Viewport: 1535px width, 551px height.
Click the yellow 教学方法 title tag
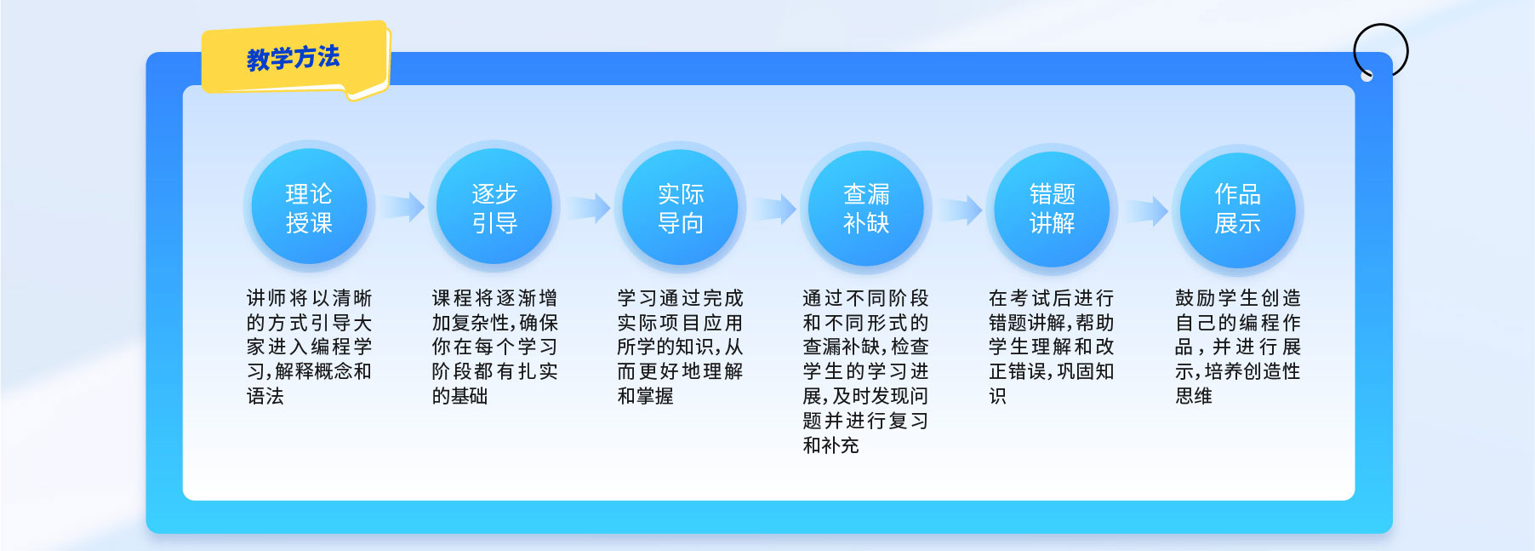(294, 59)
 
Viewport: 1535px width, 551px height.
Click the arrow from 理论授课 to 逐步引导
(402, 207)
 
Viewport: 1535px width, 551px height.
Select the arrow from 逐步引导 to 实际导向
(589, 208)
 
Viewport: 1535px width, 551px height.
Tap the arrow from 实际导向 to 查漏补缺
(774, 209)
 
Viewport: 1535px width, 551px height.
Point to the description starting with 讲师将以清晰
(309, 347)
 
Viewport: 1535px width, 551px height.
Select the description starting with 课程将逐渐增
(494, 347)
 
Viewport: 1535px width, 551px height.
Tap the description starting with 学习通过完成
(681, 347)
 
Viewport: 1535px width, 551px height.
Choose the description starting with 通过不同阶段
(866, 371)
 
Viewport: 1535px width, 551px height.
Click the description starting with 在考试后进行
(1052, 347)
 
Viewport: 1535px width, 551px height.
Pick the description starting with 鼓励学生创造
(1238, 347)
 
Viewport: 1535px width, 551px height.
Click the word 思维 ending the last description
(1194, 396)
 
